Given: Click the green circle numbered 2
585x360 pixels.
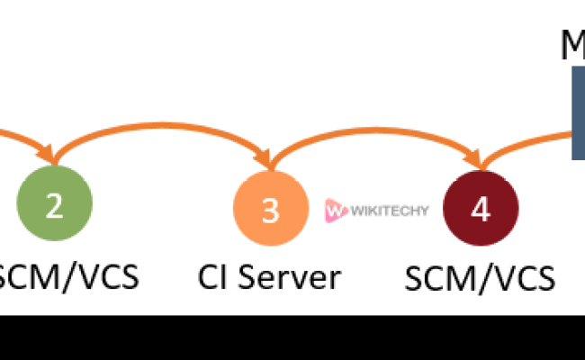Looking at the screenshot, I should (x=54, y=206).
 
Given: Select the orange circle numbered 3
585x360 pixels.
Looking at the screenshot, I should (x=270, y=210).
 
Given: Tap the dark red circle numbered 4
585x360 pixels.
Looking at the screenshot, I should (x=481, y=209).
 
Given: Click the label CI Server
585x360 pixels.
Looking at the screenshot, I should (x=269, y=276).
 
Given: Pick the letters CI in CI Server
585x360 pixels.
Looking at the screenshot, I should (x=211, y=276).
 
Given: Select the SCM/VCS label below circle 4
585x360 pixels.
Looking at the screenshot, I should (x=480, y=279).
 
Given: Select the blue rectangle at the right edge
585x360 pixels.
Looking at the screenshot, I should (x=578, y=112).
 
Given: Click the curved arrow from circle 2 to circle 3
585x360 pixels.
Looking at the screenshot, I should (x=162, y=124).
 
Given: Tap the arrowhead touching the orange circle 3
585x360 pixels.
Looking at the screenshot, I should (x=268, y=160).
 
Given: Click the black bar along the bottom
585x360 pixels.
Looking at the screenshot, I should (x=292, y=337).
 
